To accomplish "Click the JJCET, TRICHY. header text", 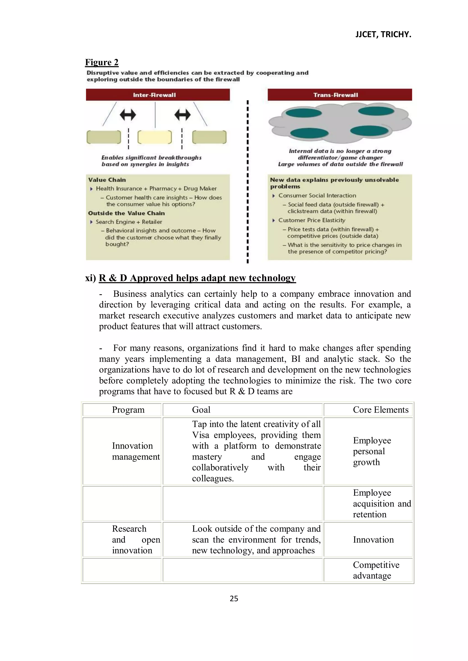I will (x=383, y=34).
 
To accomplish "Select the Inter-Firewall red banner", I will (x=158, y=95).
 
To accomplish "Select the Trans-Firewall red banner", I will (x=340, y=95).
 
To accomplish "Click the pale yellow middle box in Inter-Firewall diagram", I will (x=154, y=137).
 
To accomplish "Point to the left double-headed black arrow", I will (x=128, y=115).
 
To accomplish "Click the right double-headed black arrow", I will (x=182, y=115).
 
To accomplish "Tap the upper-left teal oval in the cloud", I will (x=303, y=113).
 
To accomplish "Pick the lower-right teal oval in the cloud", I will (x=369, y=131).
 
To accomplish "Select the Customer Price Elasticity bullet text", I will (x=311, y=220).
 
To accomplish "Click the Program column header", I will (x=128, y=410).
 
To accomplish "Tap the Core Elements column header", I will (x=380, y=410).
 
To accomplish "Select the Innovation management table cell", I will (x=136, y=451).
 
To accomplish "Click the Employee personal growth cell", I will (x=372, y=451).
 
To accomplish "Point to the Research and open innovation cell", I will (x=136, y=540).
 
